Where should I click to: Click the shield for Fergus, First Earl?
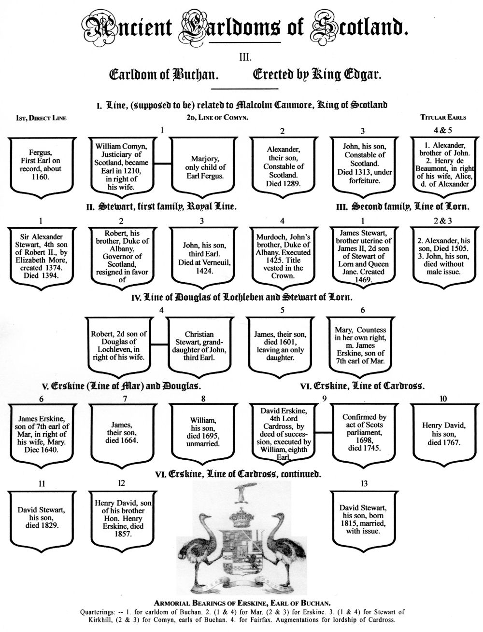tap(41, 164)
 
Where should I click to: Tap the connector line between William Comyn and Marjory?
tap(161, 164)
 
